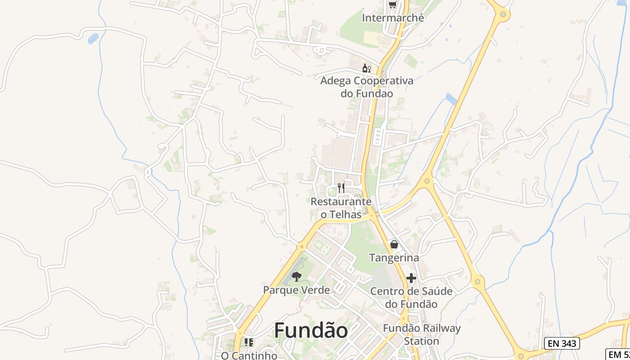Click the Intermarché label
pos(393,18)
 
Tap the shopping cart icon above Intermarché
pos(392,4)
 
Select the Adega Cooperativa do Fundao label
pos(366,87)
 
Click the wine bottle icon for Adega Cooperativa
pos(366,68)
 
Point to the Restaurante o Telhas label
pos(341,208)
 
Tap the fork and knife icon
pos(341,188)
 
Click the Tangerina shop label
pos(394,258)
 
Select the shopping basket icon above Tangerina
pos(394,244)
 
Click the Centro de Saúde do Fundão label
pos(411,297)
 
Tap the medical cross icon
pos(411,278)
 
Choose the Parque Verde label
pos(297,290)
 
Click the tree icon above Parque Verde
pos(296,276)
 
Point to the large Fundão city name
pos(311,331)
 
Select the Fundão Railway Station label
pos(422,334)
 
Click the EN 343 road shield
pos(562,344)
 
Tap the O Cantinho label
pos(249,355)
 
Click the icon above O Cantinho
pos(249,342)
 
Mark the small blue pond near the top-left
pos(93,39)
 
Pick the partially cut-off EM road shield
pos(618,354)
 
